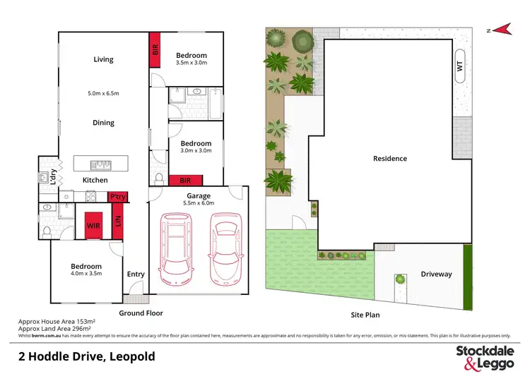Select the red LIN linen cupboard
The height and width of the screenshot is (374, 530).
(118, 225)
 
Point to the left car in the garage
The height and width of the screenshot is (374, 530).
(176, 247)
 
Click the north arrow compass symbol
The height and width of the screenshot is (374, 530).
(502, 29)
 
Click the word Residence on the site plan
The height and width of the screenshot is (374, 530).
(390, 159)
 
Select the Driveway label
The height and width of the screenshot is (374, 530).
(436, 275)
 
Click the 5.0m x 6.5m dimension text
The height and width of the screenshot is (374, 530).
(103, 92)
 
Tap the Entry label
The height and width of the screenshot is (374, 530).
(135, 275)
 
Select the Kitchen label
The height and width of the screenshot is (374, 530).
(95, 181)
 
